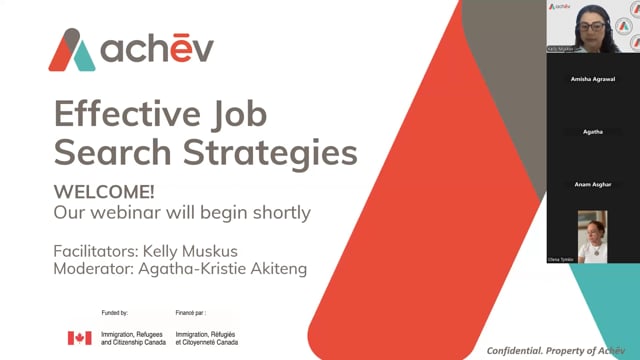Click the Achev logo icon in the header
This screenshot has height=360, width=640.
71,50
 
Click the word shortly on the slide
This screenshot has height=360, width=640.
277,212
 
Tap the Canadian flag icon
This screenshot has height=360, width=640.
78,338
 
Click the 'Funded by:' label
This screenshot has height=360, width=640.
108,314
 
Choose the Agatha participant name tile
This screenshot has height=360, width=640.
592,131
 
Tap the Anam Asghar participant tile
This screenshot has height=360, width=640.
592,184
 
